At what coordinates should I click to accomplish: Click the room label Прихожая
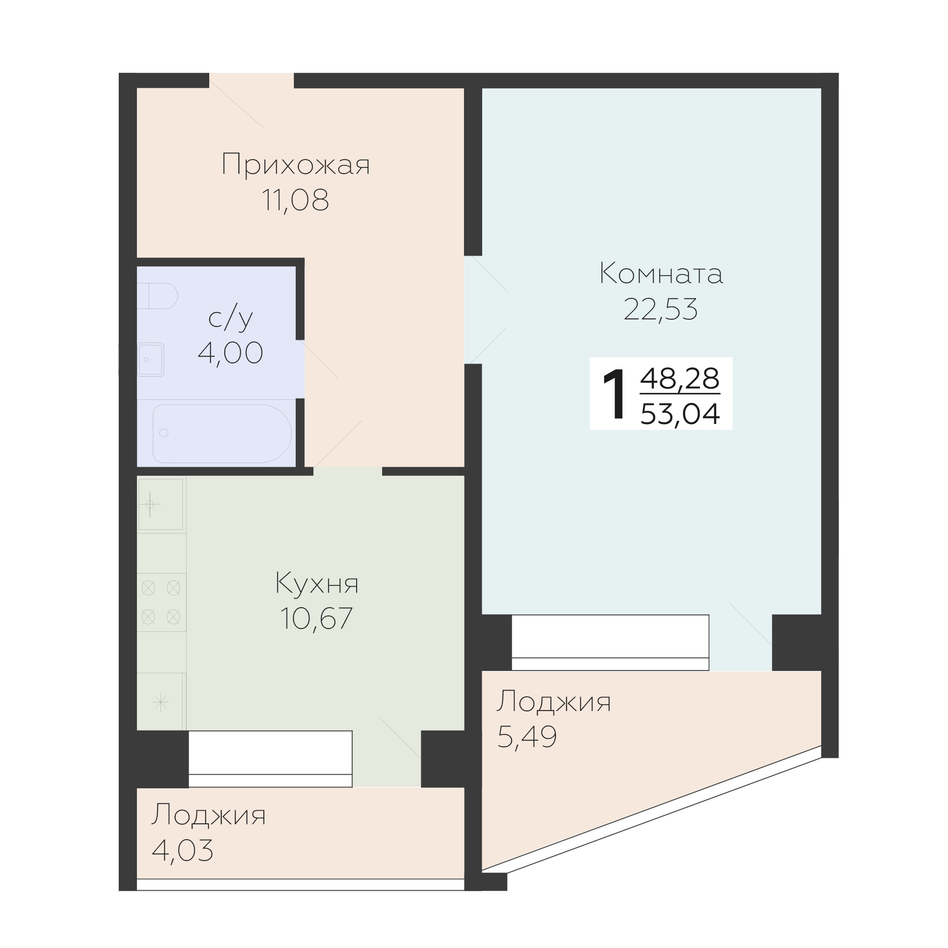[x=295, y=164]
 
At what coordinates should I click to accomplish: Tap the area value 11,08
[x=295, y=200]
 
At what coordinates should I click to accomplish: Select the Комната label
[x=661, y=273]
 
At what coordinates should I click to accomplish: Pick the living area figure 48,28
[x=680, y=378]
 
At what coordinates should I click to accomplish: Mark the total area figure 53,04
[x=680, y=413]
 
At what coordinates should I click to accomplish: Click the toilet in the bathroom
[x=157, y=295]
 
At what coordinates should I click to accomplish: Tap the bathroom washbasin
[x=150, y=359]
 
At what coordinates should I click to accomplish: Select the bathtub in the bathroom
[x=222, y=433]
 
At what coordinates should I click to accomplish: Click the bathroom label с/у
[x=230, y=318]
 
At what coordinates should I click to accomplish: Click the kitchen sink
[x=161, y=504]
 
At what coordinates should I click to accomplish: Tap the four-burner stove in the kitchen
[x=161, y=602]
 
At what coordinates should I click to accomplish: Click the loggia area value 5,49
[x=527, y=736]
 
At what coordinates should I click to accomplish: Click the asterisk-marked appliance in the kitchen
[x=161, y=703]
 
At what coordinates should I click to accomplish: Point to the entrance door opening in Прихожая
[x=251, y=81]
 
